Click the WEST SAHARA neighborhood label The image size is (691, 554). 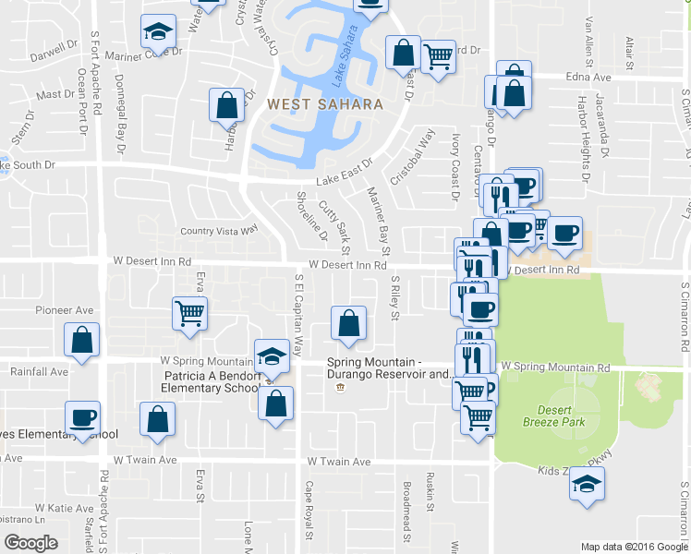tap(325, 104)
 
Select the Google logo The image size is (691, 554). tap(31, 544)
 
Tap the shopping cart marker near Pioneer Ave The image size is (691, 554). tap(189, 313)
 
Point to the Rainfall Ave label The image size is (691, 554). tap(39, 372)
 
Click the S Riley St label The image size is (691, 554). tap(394, 299)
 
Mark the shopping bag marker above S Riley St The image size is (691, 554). tap(349, 323)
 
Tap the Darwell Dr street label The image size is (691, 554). tap(53, 50)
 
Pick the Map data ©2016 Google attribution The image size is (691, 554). tap(634, 547)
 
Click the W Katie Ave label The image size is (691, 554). tap(64, 508)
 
